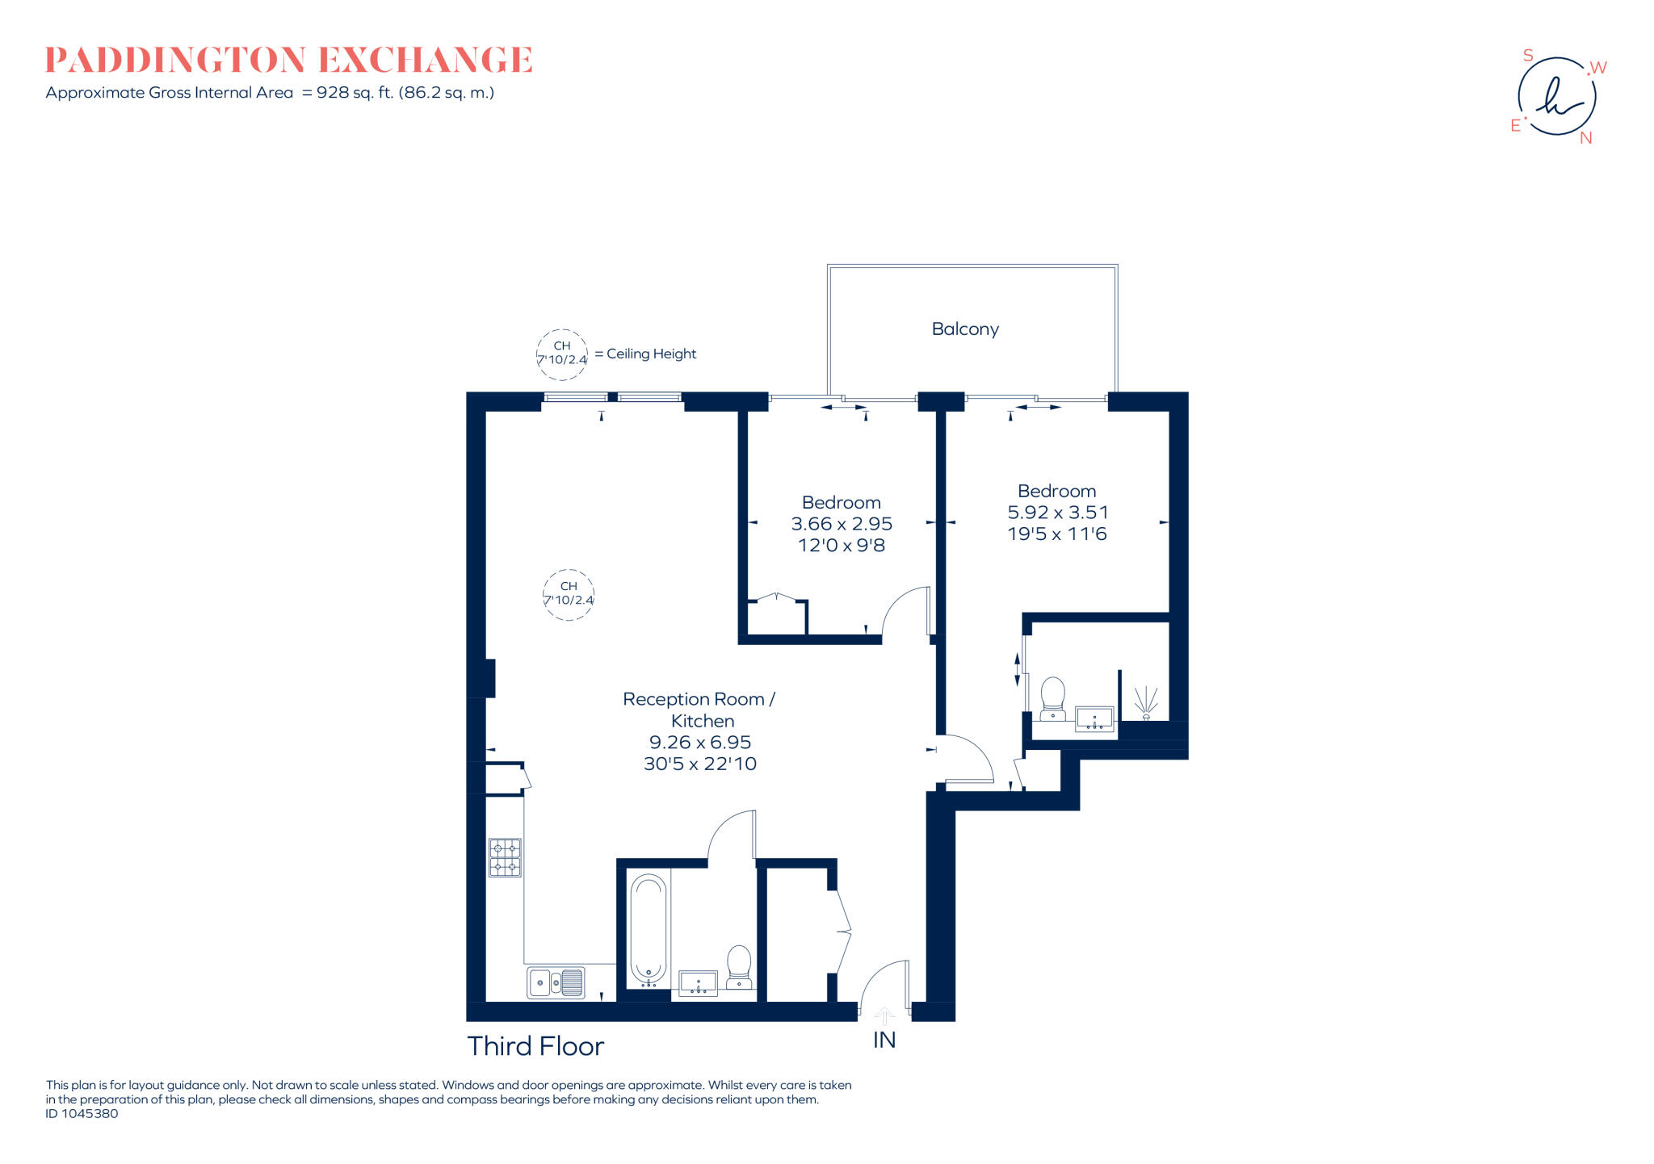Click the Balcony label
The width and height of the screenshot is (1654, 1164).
point(965,329)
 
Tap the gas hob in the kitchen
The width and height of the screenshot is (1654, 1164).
point(505,857)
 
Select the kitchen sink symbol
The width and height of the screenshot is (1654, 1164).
point(556,982)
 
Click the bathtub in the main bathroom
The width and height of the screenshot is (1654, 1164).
point(648,931)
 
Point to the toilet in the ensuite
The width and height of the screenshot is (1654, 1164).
point(1052,699)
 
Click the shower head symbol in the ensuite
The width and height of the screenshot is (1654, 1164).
point(1146,702)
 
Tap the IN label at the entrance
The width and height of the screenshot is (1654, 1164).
point(884,1040)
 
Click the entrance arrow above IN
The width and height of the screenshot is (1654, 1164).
point(885,1016)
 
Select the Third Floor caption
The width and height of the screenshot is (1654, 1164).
point(535,1046)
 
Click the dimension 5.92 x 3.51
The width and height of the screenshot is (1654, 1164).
point(1057,513)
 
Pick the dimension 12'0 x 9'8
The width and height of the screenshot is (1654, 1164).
point(842,546)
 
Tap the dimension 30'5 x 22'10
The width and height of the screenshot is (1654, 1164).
point(700,764)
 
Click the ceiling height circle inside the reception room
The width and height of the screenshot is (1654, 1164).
point(569,594)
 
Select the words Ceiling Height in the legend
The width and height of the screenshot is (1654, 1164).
point(651,354)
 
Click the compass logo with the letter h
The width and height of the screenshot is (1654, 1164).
point(1556,97)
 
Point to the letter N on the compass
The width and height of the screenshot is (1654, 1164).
point(1585,138)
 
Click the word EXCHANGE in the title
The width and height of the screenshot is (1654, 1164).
point(426,60)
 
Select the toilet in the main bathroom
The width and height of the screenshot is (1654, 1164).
point(739,966)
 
